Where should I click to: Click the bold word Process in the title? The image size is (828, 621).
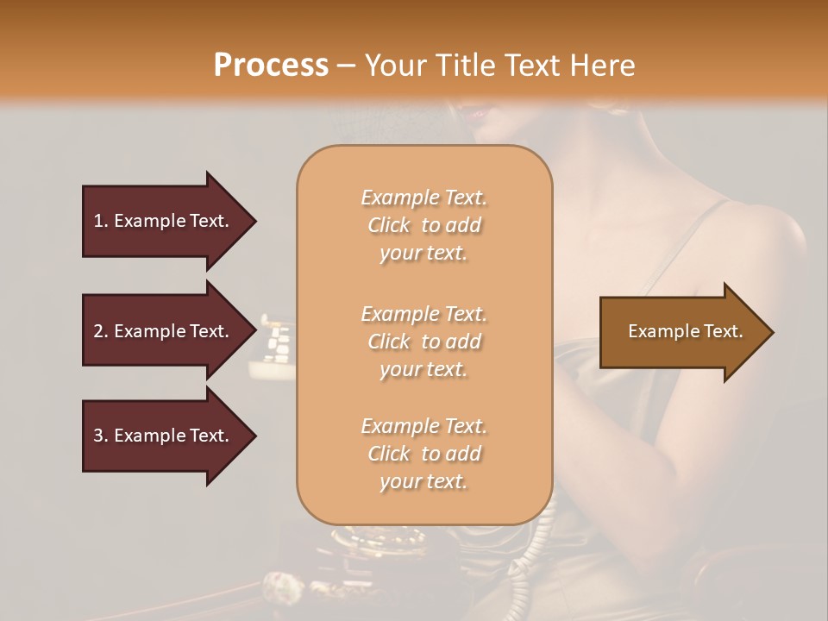[271, 66]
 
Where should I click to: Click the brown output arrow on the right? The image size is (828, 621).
[681, 332]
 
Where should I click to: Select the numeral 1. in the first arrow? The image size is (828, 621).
[101, 221]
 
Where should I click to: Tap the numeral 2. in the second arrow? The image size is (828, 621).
[101, 331]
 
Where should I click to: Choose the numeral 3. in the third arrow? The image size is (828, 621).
[101, 436]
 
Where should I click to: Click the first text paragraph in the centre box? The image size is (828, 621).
[423, 225]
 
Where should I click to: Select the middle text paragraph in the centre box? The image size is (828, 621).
[423, 341]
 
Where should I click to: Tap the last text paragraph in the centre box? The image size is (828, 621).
[423, 454]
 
